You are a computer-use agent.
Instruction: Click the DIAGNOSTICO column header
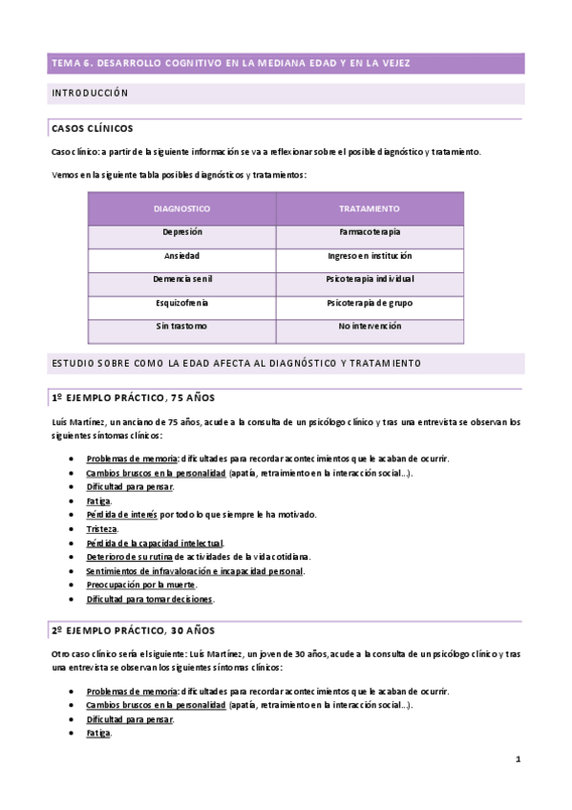tap(181, 208)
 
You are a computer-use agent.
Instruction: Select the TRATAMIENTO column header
tap(369, 208)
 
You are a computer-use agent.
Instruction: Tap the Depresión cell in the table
tap(181, 232)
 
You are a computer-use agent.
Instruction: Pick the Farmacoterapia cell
tap(369, 232)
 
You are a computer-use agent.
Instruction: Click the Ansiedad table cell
tap(181, 256)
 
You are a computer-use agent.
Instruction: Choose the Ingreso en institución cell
tap(369, 256)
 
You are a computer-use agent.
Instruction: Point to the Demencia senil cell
tap(181, 279)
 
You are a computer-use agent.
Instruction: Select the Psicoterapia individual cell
tap(369, 279)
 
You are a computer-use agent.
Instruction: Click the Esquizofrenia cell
tap(181, 303)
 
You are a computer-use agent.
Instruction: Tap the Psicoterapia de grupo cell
tap(369, 303)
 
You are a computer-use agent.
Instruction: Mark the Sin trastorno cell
tap(181, 327)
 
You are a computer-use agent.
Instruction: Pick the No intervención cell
tap(369, 327)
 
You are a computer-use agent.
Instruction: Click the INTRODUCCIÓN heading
tap(89, 94)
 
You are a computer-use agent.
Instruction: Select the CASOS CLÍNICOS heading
tap(92, 128)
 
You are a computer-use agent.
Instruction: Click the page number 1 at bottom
tap(517, 760)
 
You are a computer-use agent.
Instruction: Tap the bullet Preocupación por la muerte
tap(140, 585)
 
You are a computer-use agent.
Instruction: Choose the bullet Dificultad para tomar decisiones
tap(150, 599)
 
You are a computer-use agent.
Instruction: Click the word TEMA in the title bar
tap(65, 63)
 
